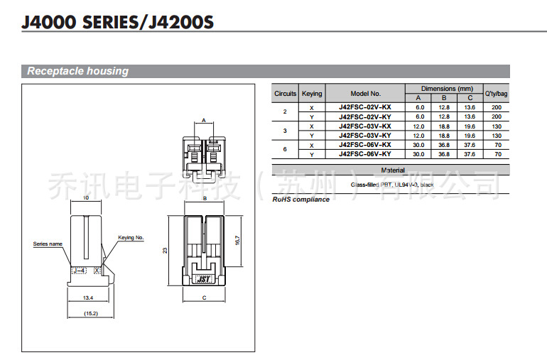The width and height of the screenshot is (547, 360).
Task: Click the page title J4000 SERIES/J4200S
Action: click(117, 23)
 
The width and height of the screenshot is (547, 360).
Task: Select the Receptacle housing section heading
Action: click(78, 71)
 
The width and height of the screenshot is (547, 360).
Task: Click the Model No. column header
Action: click(365, 94)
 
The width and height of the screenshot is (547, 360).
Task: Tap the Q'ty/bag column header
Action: click(496, 94)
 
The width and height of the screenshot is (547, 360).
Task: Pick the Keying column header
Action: click(311, 94)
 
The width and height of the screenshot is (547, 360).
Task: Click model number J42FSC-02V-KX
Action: click(365, 107)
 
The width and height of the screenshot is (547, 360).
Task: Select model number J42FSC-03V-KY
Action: click(365, 135)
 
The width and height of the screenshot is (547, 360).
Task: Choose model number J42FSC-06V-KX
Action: click(365, 145)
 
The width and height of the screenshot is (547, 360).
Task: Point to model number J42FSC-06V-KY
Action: click(365, 154)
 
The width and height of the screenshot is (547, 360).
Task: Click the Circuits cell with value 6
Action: click(285, 150)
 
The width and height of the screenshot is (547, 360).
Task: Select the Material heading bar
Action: click(392, 170)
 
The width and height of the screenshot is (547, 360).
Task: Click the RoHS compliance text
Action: click(301, 200)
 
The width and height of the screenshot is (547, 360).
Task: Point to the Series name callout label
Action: click(48, 244)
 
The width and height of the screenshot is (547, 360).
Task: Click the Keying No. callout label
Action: click(131, 237)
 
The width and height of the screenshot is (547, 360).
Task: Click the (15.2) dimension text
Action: click(90, 313)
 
